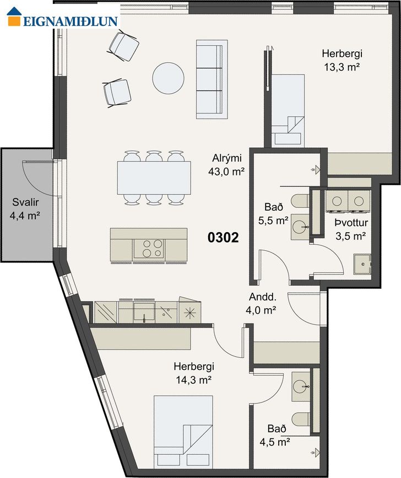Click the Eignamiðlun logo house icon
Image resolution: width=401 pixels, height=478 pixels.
(x=14, y=17)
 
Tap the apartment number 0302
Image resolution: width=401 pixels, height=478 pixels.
(x=223, y=238)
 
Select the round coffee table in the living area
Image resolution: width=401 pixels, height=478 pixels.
(x=168, y=78)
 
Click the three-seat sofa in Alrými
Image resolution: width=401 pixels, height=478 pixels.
(x=212, y=79)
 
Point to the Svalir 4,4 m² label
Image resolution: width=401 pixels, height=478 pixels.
(x=25, y=209)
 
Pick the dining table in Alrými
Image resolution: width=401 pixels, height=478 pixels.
(x=154, y=178)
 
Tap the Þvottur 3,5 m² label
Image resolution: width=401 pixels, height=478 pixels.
(x=351, y=229)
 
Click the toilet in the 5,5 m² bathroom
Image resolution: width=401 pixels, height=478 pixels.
(x=300, y=201)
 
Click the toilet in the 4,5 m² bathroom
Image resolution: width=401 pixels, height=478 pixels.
(x=301, y=419)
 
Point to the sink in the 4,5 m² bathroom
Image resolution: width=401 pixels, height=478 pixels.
(x=301, y=386)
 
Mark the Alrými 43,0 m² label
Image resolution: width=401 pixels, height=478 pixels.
(x=226, y=165)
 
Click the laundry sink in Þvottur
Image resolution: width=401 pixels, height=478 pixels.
(x=362, y=264)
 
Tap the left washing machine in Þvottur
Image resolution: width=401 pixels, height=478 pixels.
(x=337, y=201)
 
